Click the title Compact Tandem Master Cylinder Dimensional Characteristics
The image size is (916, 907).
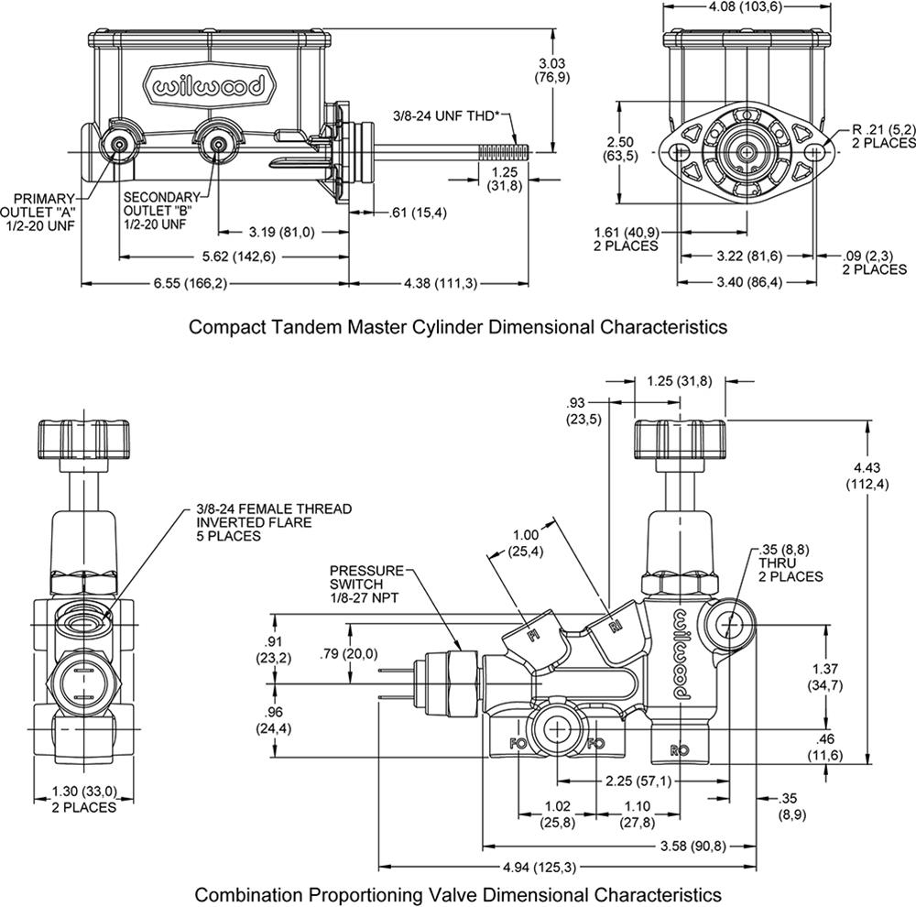[457, 327]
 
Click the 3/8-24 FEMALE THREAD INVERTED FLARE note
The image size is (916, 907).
[273, 522]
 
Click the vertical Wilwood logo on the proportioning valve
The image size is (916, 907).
[682, 654]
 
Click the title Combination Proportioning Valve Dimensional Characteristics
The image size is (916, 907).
[457, 893]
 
